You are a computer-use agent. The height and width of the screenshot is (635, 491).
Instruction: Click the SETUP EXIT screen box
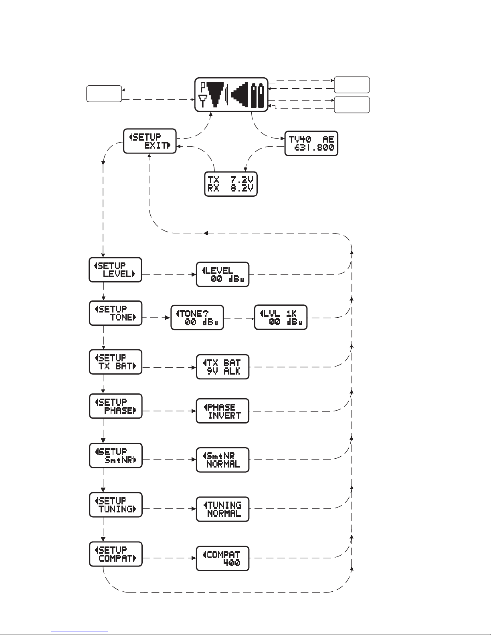[x=150, y=141]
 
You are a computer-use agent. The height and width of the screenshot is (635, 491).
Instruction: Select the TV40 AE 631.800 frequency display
[x=311, y=143]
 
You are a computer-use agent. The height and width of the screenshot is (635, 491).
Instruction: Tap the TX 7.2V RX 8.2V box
[x=231, y=184]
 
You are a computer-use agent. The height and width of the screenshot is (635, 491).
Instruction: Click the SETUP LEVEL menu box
[x=115, y=270]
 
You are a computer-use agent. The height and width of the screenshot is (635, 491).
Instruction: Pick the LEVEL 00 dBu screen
[x=222, y=274]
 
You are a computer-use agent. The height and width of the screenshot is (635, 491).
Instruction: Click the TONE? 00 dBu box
[x=197, y=318]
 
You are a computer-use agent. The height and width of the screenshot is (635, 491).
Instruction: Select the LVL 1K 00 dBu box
[x=281, y=318]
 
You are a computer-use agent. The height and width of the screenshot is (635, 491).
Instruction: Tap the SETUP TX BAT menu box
[x=115, y=362]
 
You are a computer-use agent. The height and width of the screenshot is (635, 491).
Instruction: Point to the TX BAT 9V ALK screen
[x=222, y=367]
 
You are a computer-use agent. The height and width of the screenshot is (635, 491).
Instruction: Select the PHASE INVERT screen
[x=222, y=411]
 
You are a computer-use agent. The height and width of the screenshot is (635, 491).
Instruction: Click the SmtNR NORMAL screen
[x=222, y=460]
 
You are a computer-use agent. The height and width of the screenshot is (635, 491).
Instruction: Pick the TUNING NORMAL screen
[x=222, y=509]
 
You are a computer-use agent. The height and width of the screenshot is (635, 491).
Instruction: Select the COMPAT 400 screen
[x=222, y=558]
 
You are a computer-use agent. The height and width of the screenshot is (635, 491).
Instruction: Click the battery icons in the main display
[x=257, y=95]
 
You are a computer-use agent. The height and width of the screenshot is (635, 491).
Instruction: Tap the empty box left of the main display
[x=104, y=94]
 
